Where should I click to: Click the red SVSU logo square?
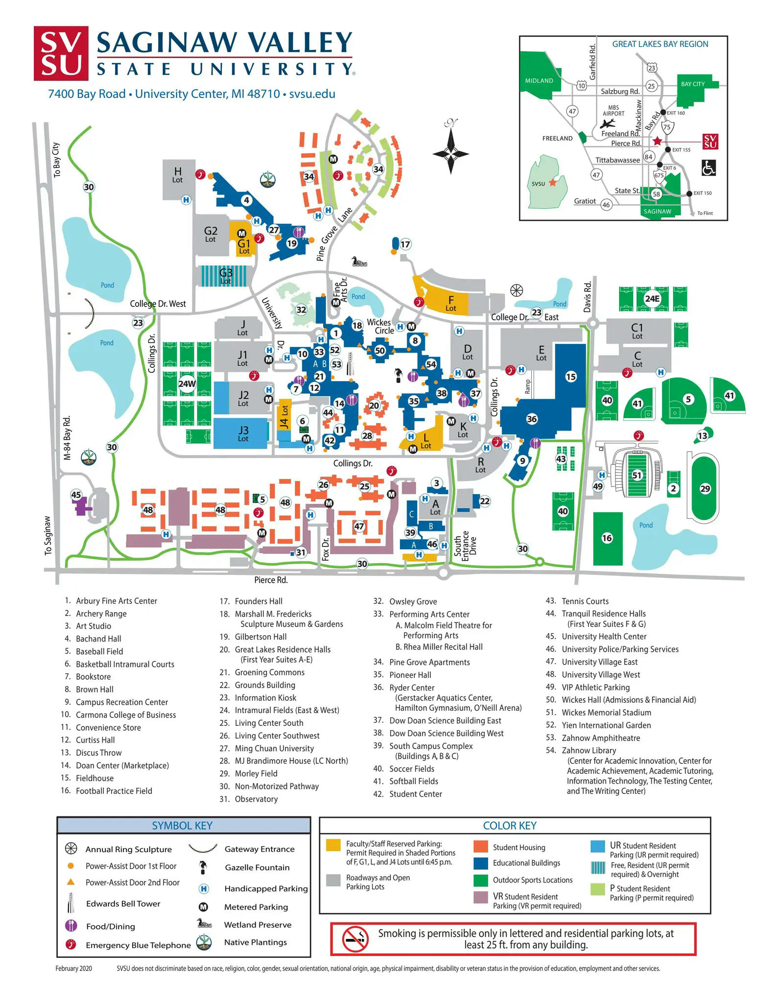(x=61, y=53)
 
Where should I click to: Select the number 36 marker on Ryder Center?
(x=532, y=419)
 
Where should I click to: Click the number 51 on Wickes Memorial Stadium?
(x=636, y=475)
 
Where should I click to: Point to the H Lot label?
(x=178, y=174)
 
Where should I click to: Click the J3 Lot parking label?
(x=243, y=433)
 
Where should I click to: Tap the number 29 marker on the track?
(x=705, y=489)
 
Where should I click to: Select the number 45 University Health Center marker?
(x=76, y=495)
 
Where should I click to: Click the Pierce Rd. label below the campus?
(x=271, y=580)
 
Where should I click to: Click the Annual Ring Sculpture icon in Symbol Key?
(x=71, y=849)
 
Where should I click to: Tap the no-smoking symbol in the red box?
(x=355, y=939)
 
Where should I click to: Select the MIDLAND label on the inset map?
(x=539, y=81)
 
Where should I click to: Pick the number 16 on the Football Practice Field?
(x=607, y=538)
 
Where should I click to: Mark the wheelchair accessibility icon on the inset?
(x=708, y=167)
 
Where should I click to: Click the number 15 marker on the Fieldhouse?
(x=571, y=377)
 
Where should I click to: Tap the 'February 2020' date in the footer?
(x=73, y=968)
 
